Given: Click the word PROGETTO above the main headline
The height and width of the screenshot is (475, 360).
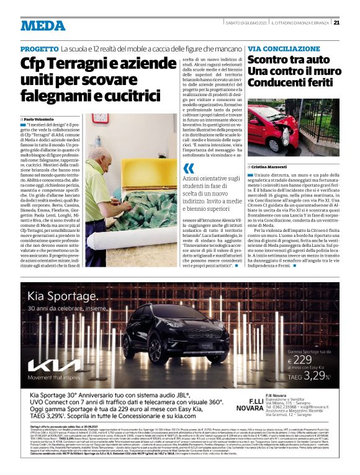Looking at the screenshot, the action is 39,48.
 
